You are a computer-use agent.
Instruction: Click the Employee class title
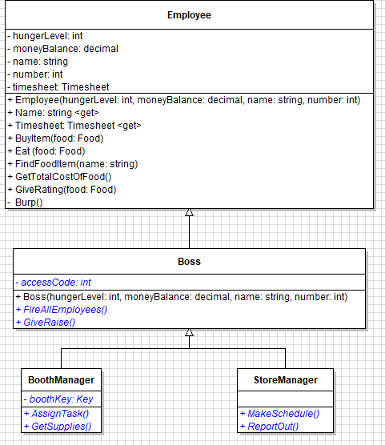click(189, 15)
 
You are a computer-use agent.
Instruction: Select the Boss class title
click(189, 262)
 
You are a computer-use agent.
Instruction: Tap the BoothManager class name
click(62, 379)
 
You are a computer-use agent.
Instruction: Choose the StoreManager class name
click(285, 379)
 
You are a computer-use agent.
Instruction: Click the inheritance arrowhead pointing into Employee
click(190, 212)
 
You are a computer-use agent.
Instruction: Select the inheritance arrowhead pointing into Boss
click(190, 332)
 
